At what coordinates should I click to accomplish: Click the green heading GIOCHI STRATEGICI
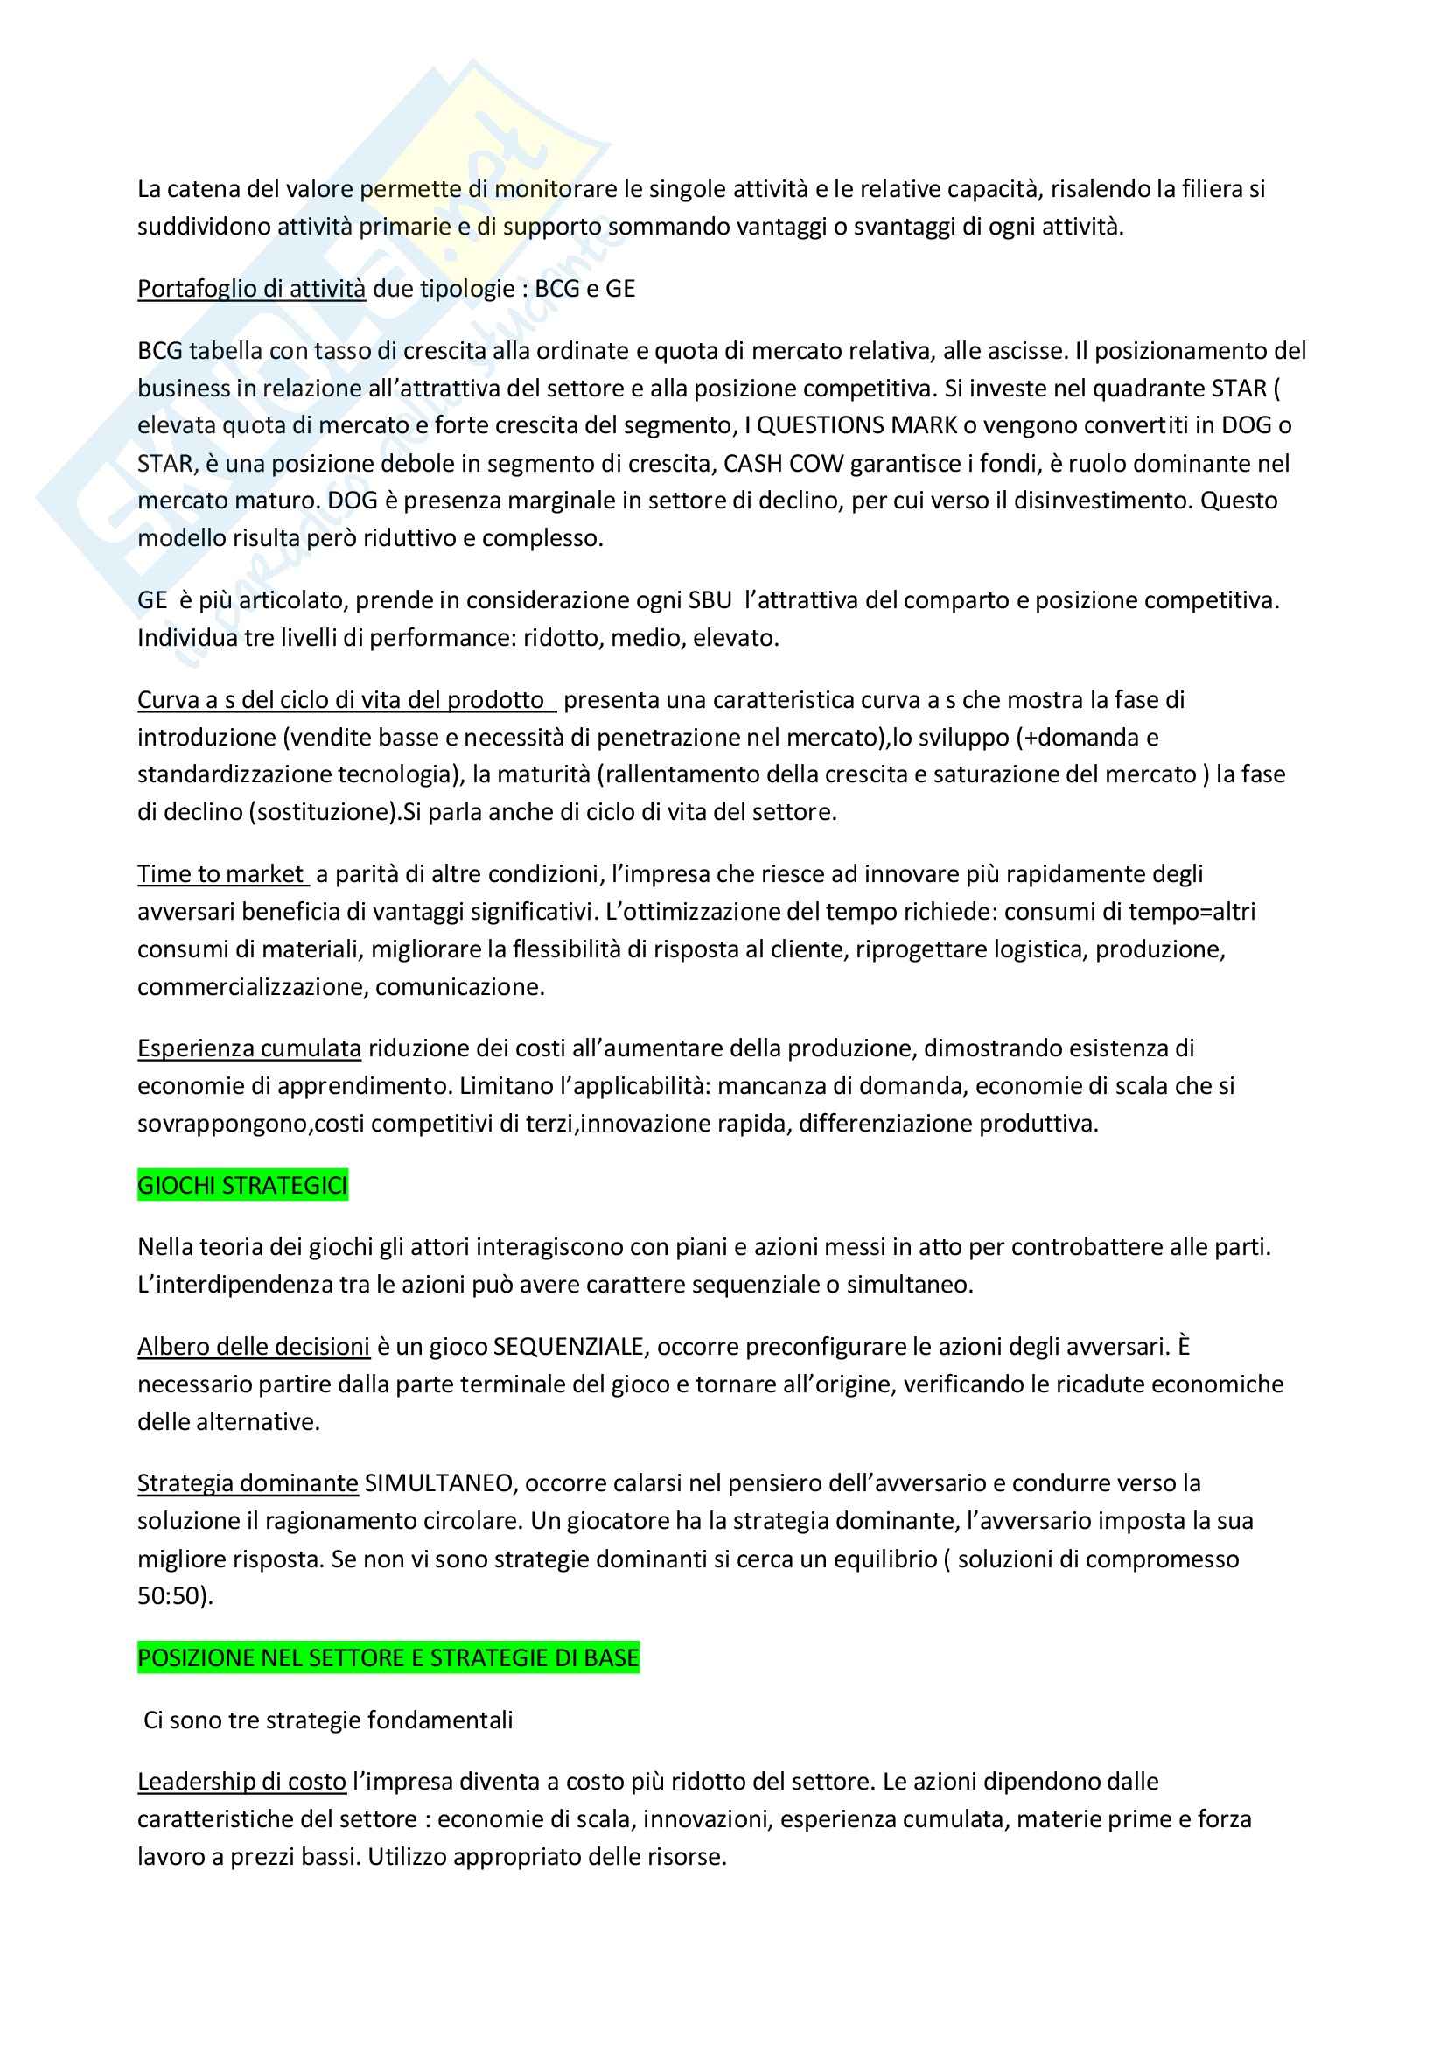[242, 1185]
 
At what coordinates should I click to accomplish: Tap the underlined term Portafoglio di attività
[251, 289]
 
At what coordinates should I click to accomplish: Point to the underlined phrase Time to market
[222, 874]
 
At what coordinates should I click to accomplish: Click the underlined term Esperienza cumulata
[249, 1048]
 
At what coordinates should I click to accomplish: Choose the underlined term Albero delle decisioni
[253, 1347]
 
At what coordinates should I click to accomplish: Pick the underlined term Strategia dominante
[248, 1482]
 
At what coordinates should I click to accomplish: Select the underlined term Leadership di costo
[241, 1782]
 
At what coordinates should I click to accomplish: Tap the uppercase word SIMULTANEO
[439, 1482]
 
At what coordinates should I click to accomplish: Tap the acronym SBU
[710, 599]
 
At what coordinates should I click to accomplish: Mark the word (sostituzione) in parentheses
[321, 812]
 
